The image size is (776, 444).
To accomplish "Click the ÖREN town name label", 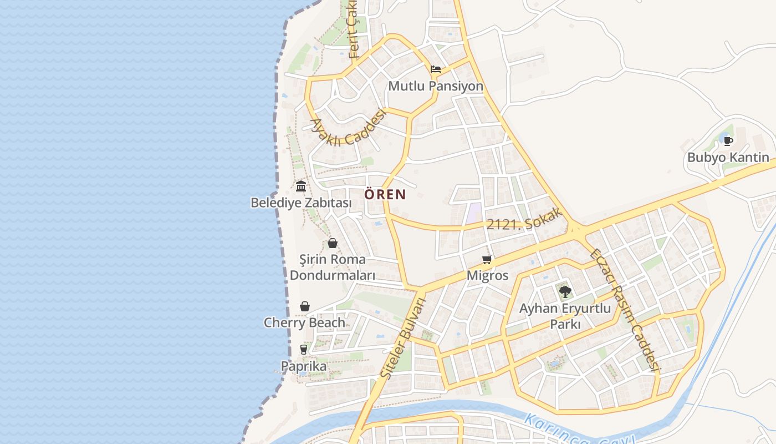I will tap(385, 195).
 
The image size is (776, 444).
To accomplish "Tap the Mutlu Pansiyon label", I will tap(436, 87).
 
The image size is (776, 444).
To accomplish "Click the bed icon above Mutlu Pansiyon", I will tap(436, 69).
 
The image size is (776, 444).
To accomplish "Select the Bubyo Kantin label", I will tap(728, 158).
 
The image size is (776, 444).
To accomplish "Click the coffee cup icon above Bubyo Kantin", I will tap(728, 141).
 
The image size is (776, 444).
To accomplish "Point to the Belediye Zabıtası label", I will tap(301, 203).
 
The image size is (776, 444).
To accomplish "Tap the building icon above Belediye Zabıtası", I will tap(301, 186).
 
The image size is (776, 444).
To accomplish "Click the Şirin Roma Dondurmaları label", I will tap(333, 268).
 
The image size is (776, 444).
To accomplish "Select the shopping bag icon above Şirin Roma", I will tap(333, 243).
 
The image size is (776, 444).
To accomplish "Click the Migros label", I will tap(488, 275).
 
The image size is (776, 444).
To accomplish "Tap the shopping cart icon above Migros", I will tap(488, 259).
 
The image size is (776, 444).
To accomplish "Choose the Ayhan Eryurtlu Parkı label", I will tap(565, 316).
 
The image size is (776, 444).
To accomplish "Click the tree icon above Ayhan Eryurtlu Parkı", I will tap(565, 291).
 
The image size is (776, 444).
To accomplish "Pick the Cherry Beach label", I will tap(304, 322).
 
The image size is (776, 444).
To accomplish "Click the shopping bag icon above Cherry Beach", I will tap(304, 306).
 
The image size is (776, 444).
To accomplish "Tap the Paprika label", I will tap(304, 366).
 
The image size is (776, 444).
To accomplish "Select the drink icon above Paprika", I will tap(303, 349).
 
